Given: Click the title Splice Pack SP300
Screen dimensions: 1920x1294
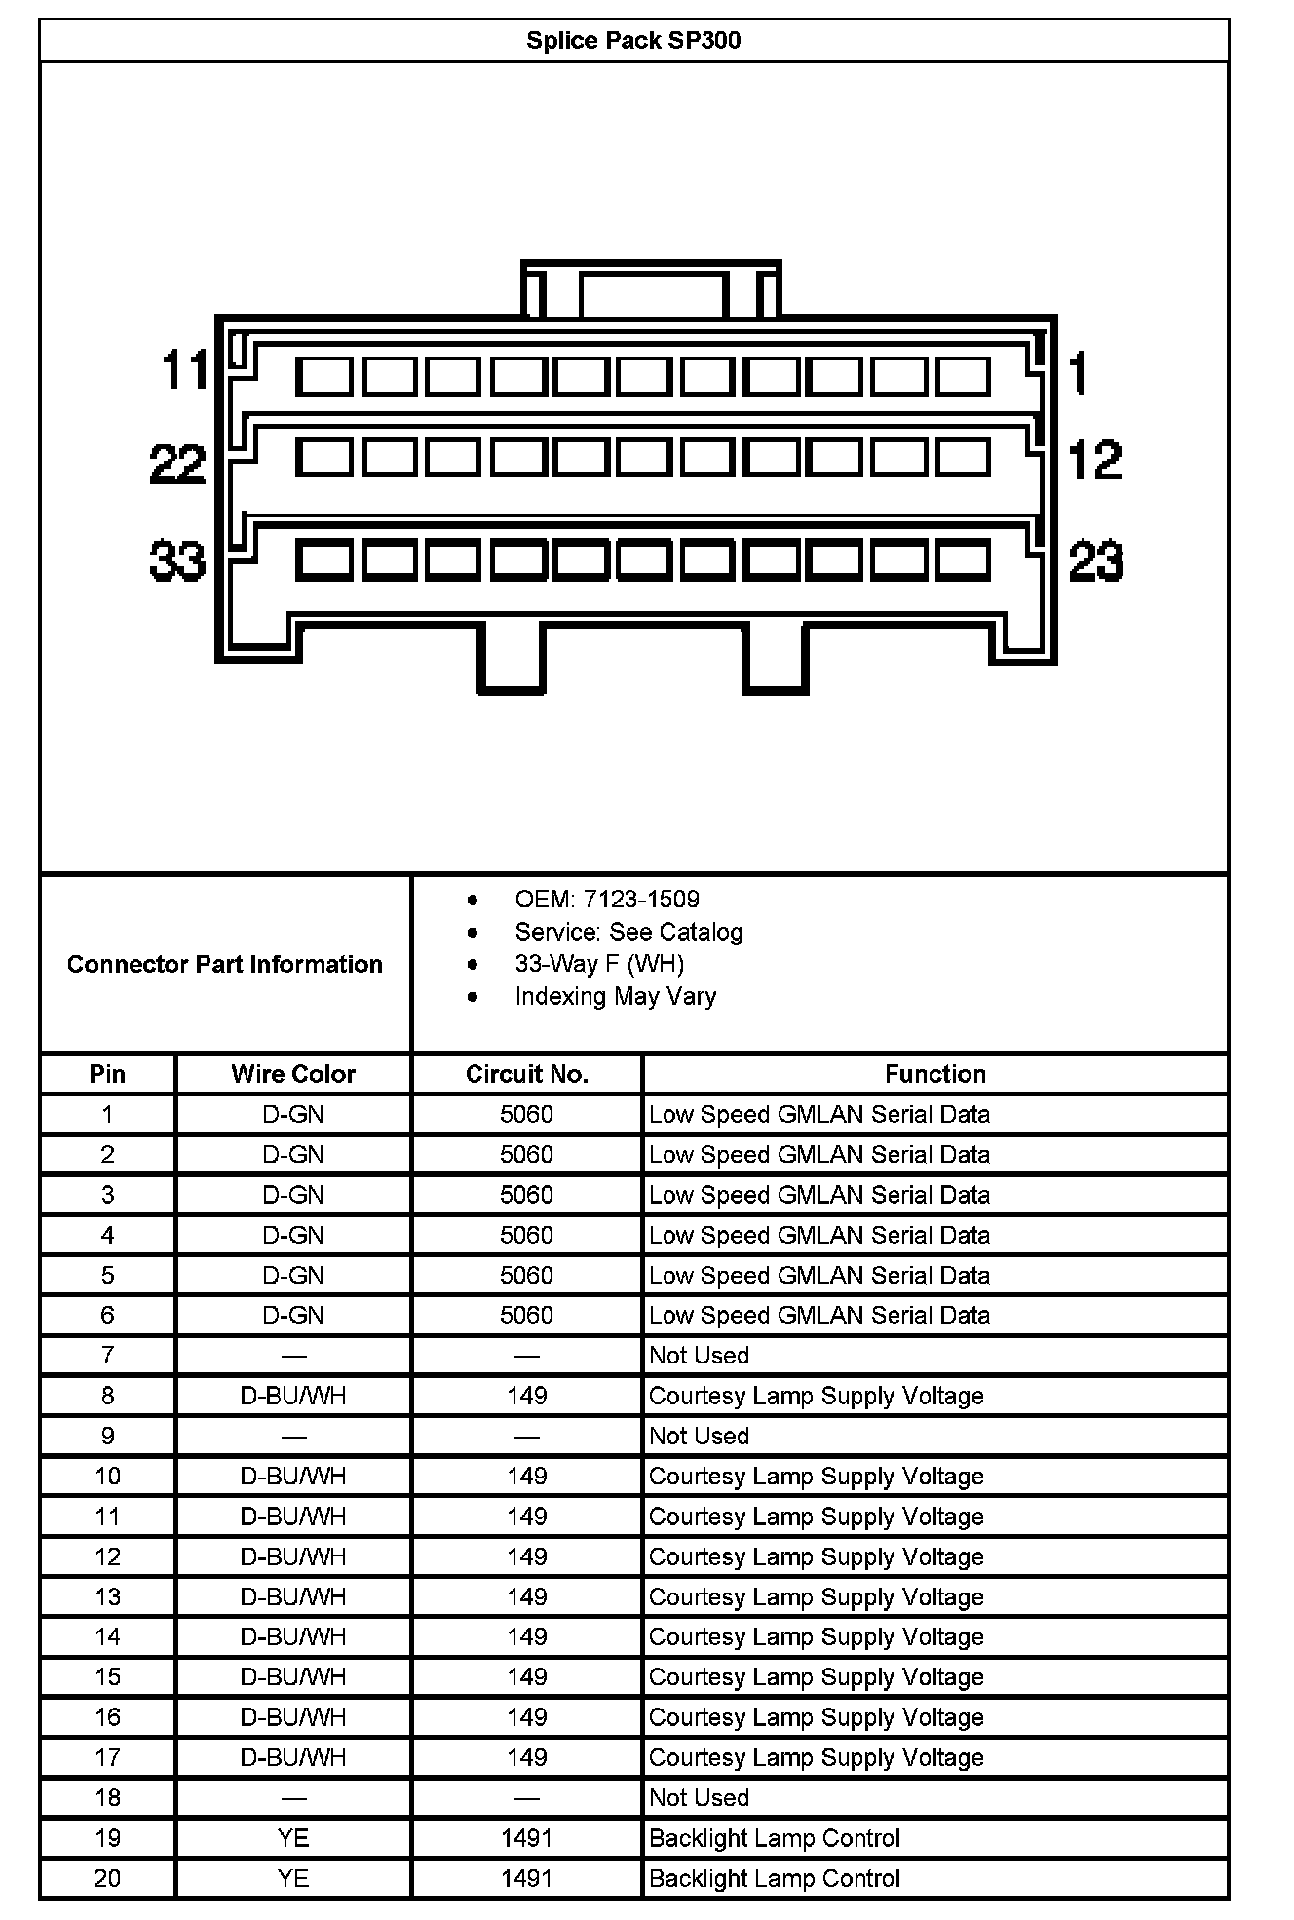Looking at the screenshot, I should click(x=633, y=40).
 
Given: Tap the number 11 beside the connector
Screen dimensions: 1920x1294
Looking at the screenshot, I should click(x=185, y=370).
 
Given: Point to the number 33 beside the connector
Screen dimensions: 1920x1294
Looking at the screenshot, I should click(x=177, y=560).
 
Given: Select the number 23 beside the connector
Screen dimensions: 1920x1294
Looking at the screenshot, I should click(x=1095, y=560).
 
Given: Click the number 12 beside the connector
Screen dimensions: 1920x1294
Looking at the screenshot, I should click(x=1094, y=459).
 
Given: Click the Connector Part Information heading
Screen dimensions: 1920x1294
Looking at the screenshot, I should click(x=224, y=964).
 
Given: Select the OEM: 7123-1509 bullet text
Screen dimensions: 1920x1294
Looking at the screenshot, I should click(x=606, y=899).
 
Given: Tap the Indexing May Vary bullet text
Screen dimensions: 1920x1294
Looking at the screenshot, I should click(x=615, y=996).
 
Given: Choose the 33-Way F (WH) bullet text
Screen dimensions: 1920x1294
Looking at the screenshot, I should click(x=599, y=964).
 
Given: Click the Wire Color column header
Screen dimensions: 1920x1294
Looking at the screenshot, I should click(x=293, y=1074).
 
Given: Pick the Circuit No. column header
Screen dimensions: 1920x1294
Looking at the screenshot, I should click(x=527, y=1074).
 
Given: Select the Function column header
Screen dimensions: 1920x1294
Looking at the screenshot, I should click(x=934, y=1074).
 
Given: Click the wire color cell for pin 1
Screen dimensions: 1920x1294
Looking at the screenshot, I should click(x=293, y=1114).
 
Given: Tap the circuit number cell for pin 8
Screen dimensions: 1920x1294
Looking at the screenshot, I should click(x=527, y=1396).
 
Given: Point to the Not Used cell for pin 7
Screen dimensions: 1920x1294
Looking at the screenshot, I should click(x=699, y=1355).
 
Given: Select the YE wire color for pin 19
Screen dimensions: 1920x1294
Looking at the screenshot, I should click(x=293, y=1838).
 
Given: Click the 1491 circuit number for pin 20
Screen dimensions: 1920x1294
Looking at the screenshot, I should click(x=527, y=1878).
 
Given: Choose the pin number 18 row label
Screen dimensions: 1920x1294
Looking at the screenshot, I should click(x=107, y=1797).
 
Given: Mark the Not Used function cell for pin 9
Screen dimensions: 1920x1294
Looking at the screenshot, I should click(x=699, y=1436).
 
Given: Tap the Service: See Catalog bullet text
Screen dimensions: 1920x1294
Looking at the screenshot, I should click(x=628, y=932).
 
